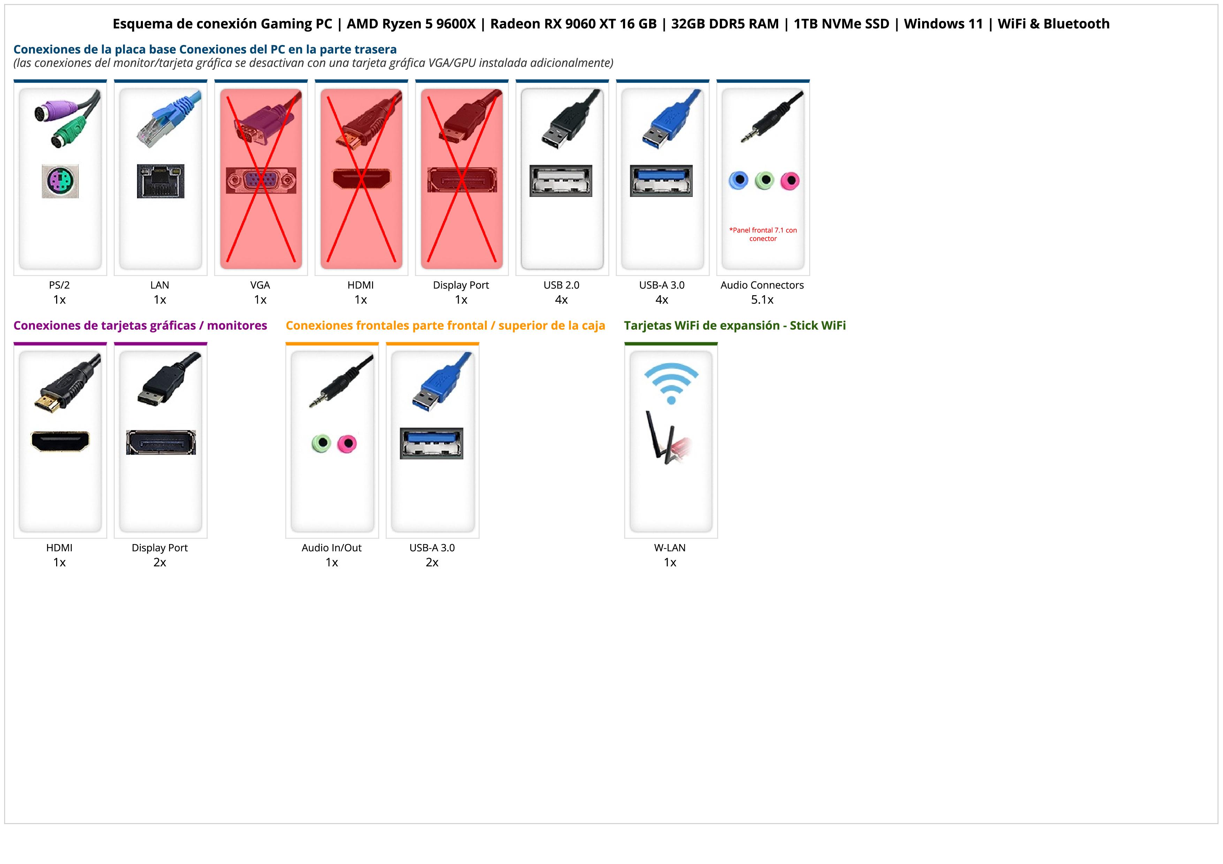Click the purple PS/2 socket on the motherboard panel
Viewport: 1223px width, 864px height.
coord(60,182)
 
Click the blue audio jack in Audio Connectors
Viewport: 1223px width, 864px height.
coord(738,181)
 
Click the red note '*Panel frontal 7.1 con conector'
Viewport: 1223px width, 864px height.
coord(763,234)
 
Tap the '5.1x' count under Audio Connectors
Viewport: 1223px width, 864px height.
coord(762,300)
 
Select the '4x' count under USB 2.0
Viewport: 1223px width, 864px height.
coord(561,300)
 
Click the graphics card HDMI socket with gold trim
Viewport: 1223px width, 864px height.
coord(60,441)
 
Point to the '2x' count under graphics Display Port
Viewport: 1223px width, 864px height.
coord(160,563)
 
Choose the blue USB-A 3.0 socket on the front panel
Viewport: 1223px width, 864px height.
coord(432,443)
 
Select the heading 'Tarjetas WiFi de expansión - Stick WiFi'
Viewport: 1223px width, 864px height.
coord(735,325)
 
